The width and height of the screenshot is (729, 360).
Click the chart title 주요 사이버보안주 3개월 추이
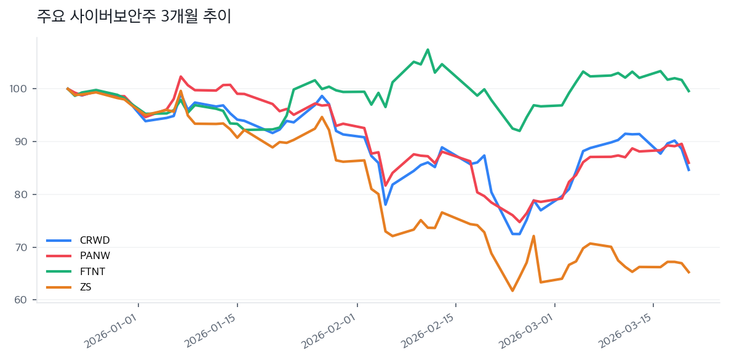(134, 17)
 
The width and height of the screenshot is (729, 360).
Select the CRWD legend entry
(95, 240)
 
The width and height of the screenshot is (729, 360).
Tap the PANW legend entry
(95, 255)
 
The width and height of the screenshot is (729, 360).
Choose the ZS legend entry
(86, 287)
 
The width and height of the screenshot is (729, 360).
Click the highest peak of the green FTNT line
(428, 50)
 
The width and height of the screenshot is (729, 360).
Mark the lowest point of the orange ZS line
(512, 290)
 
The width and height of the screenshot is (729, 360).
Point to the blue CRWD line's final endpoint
(688, 170)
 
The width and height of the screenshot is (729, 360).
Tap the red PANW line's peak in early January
(180, 77)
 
